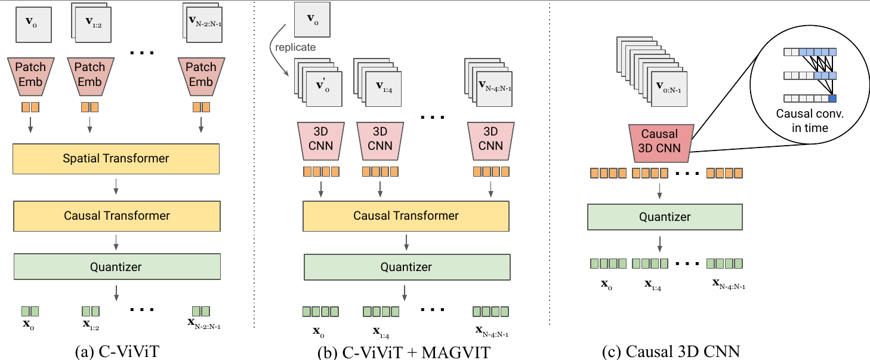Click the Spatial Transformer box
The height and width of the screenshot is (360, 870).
116,159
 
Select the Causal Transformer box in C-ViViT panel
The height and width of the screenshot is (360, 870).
116,216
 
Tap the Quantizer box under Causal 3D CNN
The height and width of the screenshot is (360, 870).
664,217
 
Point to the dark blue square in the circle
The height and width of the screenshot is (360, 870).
832,99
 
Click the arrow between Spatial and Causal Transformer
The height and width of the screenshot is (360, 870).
116,187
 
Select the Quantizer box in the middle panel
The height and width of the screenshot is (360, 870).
406,266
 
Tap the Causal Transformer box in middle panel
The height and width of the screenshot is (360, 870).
406,216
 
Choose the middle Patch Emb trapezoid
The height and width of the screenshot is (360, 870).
90,75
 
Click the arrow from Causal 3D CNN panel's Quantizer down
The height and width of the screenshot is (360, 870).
659,244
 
